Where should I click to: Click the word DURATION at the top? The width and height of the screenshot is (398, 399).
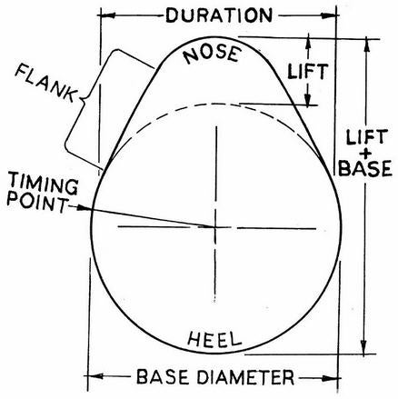coord(219,15)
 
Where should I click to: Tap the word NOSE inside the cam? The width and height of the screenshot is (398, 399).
coord(213,55)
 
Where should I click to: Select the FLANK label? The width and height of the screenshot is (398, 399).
coord(45,83)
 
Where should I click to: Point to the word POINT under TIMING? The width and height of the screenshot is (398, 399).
coord(37,204)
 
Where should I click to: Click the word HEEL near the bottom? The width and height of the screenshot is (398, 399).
coord(214,339)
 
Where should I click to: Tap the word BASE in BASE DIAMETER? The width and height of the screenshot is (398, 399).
coord(164,377)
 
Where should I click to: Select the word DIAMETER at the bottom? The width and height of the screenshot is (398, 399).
coord(245,377)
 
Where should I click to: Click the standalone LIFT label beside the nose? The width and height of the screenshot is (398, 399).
coord(308,72)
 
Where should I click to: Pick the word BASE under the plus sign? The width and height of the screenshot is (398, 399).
coord(365,168)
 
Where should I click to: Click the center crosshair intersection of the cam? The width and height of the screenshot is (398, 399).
coord(215,227)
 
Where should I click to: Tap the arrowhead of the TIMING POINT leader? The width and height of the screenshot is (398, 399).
coord(84,208)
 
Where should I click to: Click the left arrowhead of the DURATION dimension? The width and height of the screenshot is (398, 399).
coord(108,15)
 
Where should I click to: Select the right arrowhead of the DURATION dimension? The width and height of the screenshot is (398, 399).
coord(329,15)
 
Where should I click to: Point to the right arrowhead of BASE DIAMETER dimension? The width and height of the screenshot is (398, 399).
coord(331,378)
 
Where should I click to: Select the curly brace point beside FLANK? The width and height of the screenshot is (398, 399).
coord(81,99)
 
